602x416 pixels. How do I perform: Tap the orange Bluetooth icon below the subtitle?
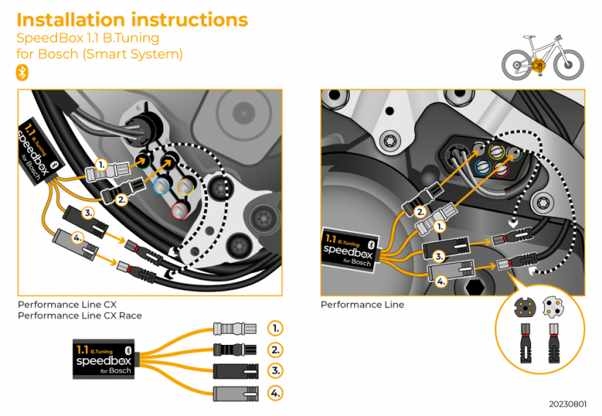click(x=22, y=72)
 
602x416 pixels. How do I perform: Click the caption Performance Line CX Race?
click(x=80, y=316)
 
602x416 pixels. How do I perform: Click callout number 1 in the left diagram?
click(x=102, y=164)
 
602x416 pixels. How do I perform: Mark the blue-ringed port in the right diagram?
click(x=482, y=167)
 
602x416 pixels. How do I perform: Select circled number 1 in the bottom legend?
click(x=275, y=327)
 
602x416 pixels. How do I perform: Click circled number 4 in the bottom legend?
click(x=275, y=393)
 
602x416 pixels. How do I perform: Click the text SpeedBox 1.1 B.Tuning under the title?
click(x=87, y=37)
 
